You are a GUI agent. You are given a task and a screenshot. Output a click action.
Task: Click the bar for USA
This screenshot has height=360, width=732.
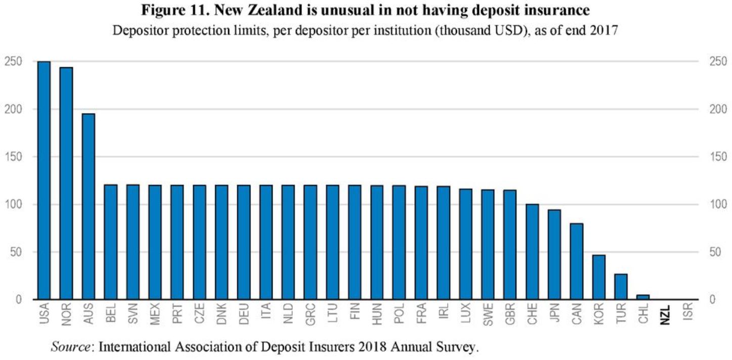pyautogui.click(x=44, y=180)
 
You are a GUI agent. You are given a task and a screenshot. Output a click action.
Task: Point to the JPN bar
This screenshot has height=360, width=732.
pyautogui.click(x=554, y=254)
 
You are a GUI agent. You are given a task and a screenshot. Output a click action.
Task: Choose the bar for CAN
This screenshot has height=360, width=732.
pyautogui.click(x=577, y=261)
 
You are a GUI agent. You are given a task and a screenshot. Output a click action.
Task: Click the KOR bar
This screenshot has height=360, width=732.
pyautogui.click(x=599, y=277)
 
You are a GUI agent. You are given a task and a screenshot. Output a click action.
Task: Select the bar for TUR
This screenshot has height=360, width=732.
pyautogui.click(x=621, y=287)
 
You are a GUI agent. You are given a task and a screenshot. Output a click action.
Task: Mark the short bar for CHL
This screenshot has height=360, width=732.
pyautogui.click(x=643, y=297)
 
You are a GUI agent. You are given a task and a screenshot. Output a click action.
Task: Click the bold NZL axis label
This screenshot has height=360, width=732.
pyautogui.click(x=666, y=314)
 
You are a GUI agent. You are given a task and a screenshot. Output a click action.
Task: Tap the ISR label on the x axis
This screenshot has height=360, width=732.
pyautogui.click(x=687, y=313)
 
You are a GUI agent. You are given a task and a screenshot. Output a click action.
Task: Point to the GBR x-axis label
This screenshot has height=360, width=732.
pyautogui.click(x=510, y=314)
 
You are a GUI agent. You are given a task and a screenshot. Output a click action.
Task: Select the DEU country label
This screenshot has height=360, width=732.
pyautogui.click(x=244, y=314)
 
